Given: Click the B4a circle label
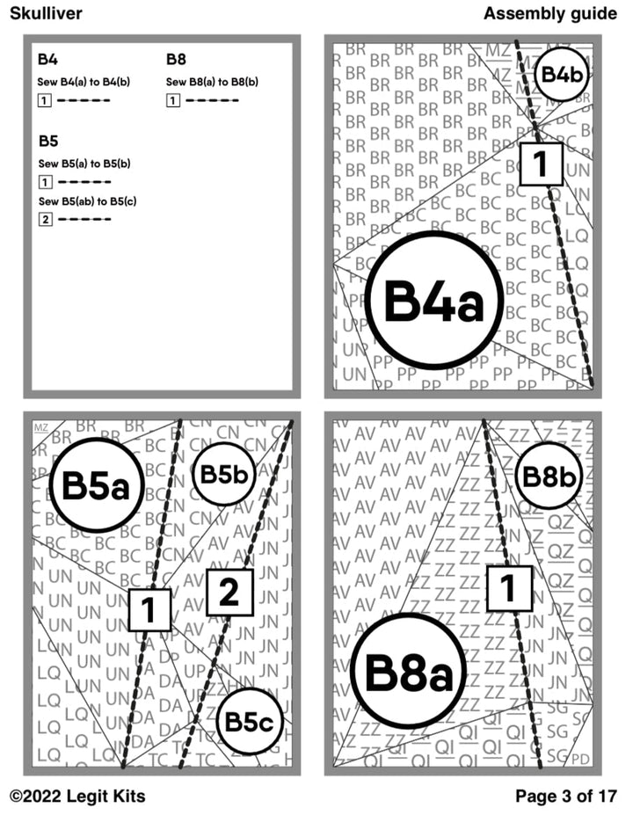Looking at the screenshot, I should pos(433,302).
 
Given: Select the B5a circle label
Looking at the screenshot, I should pos(97,486).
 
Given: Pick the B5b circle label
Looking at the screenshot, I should pos(223,474).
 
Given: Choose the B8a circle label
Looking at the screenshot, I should pos(408,673).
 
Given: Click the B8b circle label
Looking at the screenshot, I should pos(549,477).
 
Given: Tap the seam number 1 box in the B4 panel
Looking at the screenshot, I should pos(541,164).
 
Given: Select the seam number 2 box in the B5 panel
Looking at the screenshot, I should pos(229,593).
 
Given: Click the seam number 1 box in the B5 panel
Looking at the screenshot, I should pos(149,609).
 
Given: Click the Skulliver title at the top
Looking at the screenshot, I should pos(46,13).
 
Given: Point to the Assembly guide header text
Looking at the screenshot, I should pos(549,13).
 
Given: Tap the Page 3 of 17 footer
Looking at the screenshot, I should pos(565,797).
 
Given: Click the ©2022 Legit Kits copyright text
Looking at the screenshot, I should pos(77,797).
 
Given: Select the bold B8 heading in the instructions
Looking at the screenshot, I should pos(176,61).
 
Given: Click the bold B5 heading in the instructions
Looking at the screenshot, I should pos(48,142).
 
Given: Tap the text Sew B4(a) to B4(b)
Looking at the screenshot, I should pos(84,83).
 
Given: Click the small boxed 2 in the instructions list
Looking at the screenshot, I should pos(45,219).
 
